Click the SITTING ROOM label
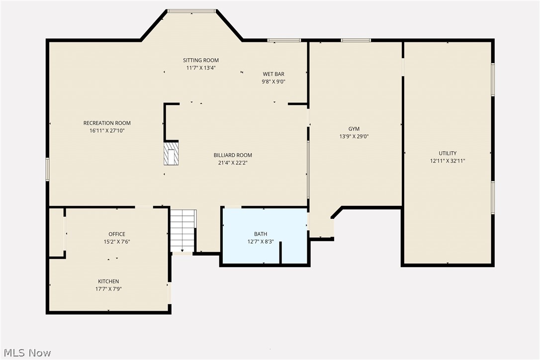[x=201, y=61]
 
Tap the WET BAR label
[x=273, y=74]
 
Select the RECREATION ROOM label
[x=107, y=123]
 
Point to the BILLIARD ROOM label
[x=233, y=155]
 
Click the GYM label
[x=354, y=129]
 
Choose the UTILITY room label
[x=448, y=153]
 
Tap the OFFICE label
[x=117, y=234]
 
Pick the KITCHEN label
[x=108, y=281]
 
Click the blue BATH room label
[x=261, y=234]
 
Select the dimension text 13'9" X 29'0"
[x=354, y=136]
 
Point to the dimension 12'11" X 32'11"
[x=448, y=161]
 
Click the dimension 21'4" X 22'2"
[x=233, y=162]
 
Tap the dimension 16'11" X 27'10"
[x=107, y=131]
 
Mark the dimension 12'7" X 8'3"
[x=261, y=241]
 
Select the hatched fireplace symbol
[x=171, y=154]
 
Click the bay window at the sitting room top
[x=191, y=10]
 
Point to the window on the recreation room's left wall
[x=48, y=169]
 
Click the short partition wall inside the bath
[x=280, y=252]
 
